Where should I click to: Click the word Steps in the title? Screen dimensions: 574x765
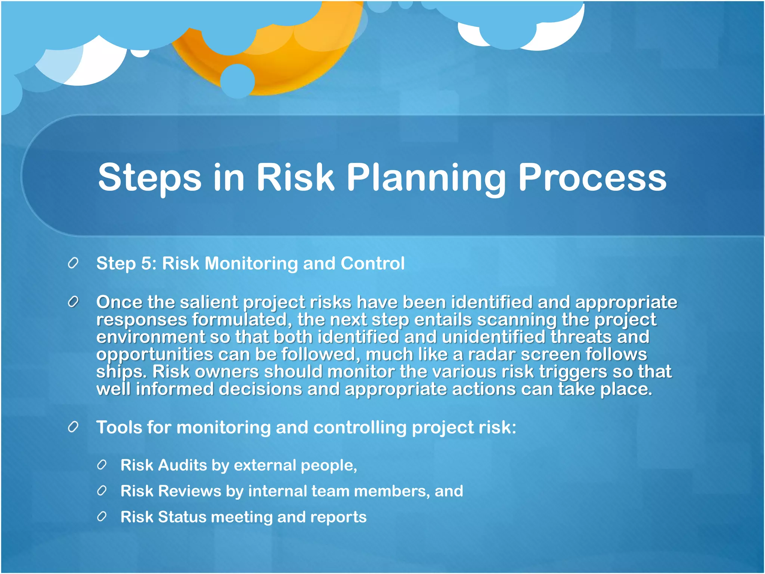pos(149,178)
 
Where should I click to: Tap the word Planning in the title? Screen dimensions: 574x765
pos(426,178)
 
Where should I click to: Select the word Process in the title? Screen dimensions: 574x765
pos(592,178)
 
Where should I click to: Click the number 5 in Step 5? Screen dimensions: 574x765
pos(146,263)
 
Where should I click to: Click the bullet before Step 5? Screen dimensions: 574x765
pos(73,263)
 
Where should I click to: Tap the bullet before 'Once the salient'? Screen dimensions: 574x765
pos(73,302)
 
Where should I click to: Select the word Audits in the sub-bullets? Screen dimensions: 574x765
pos(182,465)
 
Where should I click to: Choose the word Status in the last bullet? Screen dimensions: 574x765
pos(182,517)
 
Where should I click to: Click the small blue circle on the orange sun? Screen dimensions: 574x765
pos(238,81)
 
